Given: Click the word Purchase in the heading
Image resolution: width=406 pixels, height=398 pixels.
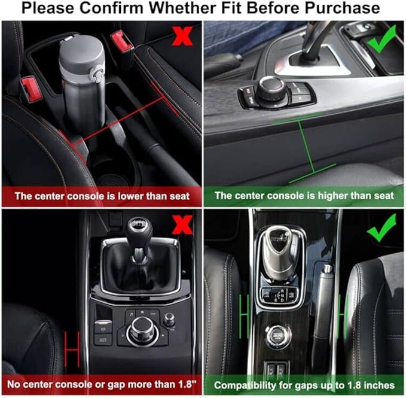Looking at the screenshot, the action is pos(342,8).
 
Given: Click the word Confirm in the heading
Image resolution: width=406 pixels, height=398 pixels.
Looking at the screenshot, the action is pos(111,8).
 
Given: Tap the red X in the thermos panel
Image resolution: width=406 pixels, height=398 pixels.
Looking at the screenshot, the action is pos(182,36).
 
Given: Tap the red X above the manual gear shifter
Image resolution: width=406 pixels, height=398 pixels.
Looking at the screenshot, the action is pos(182,224).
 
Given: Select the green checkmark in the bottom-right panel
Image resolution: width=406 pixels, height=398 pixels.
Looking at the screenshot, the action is pos(381,227).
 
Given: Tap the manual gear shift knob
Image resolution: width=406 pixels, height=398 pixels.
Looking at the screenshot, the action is pos(139,229).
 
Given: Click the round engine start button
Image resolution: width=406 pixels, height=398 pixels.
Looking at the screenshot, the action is pos(278,336).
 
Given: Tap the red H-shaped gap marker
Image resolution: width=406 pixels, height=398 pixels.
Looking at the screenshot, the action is pos(72,350).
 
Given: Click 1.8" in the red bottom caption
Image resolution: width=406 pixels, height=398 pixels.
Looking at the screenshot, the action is pos(187,384).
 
